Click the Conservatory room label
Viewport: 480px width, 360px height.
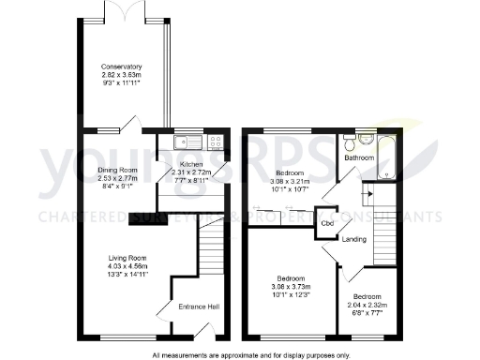[122, 67]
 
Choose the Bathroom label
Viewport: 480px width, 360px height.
[359, 158]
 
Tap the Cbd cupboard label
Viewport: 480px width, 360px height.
[328, 224]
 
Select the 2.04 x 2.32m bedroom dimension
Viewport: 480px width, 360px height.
[367, 305]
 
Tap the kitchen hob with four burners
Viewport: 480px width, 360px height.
[215, 142]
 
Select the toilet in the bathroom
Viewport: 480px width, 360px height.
[349, 143]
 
